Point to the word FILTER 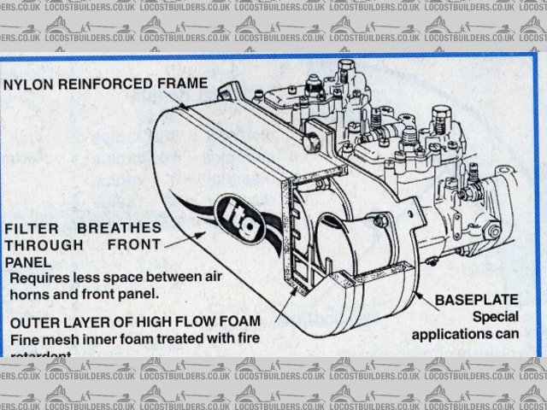click(31, 228)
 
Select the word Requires click(40, 278)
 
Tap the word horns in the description click(28, 295)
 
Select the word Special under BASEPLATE click(496, 317)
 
